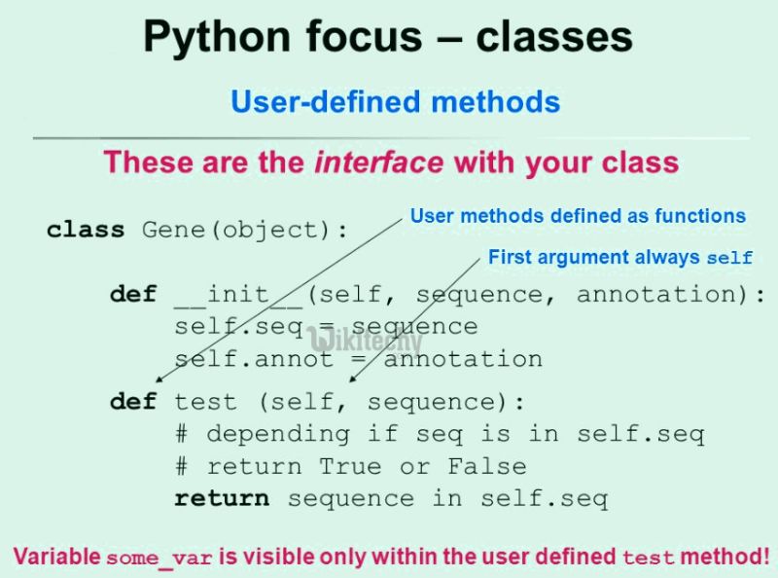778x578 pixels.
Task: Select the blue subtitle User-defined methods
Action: pos(395,101)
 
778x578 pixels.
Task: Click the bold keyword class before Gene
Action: pos(86,232)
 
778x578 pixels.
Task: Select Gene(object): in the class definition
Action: pos(246,232)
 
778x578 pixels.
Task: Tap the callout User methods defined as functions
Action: pos(578,216)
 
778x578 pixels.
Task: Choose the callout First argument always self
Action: pos(620,258)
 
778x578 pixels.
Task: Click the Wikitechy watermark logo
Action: pos(365,341)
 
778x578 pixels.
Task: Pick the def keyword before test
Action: pos(133,402)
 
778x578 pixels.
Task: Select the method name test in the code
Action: pos(205,402)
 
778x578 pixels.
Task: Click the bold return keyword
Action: pos(222,498)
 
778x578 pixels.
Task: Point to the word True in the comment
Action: pos(350,466)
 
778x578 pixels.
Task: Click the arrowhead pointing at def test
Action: pos(159,385)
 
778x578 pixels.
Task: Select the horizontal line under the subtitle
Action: pos(389,138)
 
